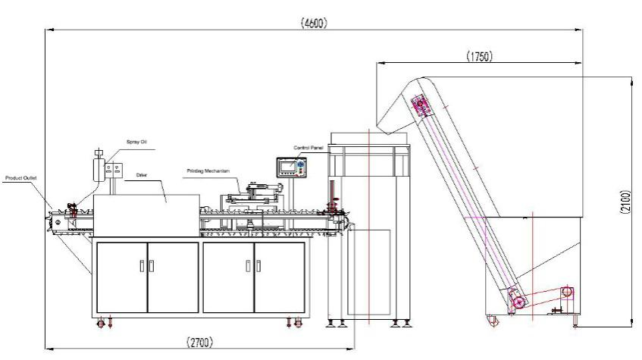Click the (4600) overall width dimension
coord(314,23)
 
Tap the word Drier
coord(141,175)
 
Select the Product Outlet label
coord(22,178)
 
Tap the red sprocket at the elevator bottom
coord(518,305)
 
